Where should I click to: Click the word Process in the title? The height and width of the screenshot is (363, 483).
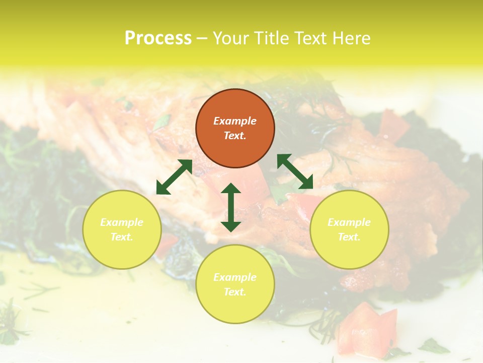point(158,38)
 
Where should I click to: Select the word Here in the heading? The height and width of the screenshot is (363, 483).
point(351,38)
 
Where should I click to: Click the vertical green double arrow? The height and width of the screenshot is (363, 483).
point(231,207)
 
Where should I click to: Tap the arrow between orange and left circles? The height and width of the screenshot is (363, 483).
point(174,177)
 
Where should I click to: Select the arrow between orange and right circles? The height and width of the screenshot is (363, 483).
point(295,171)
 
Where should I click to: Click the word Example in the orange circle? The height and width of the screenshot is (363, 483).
point(235,121)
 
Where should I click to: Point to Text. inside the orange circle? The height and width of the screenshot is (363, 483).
point(235,136)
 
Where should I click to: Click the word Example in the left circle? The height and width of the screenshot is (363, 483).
point(122,222)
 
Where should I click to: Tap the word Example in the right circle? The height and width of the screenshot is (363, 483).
point(349,222)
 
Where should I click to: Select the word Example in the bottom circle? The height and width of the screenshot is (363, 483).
point(235,277)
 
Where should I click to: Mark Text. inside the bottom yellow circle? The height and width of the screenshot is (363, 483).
point(235,292)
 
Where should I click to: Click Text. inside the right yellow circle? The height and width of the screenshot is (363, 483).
point(349,237)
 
